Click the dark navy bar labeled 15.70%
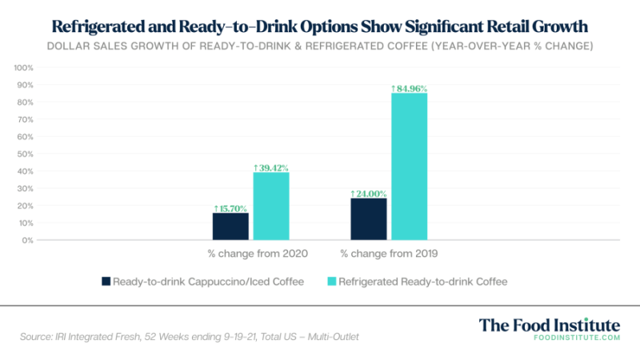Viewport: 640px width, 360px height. [x=230, y=226]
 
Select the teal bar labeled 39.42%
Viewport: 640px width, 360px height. [x=271, y=206]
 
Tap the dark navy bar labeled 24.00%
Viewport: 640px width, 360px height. [x=369, y=218]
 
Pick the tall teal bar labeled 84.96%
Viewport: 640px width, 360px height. [x=410, y=166]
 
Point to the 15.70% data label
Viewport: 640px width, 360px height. [x=230, y=208]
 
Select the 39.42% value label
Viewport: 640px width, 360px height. [x=271, y=167]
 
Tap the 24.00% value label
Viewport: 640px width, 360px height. [x=369, y=194]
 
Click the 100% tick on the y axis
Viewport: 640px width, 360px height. [x=23, y=67]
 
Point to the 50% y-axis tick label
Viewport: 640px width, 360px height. [x=25, y=154]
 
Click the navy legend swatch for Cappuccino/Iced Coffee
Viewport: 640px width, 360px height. [x=105, y=282]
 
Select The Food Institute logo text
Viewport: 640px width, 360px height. [x=549, y=325]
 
